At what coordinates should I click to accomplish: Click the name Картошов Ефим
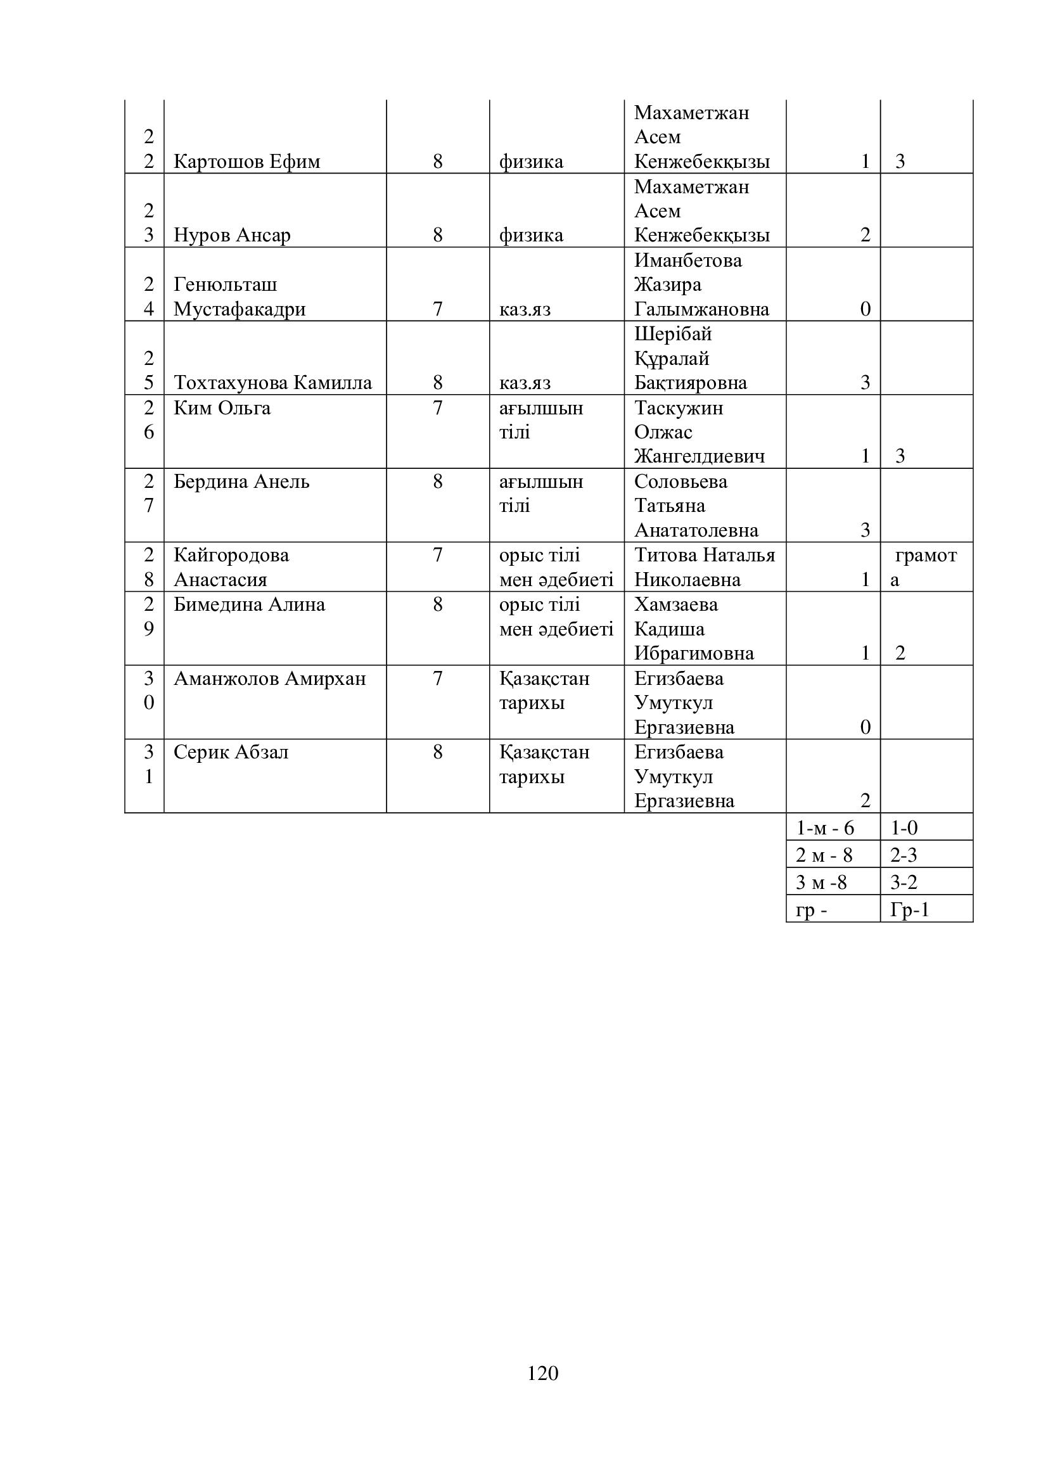[x=246, y=162]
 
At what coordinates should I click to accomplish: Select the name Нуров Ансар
[x=232, y=235]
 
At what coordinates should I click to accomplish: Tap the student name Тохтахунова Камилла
[x=272, y=383]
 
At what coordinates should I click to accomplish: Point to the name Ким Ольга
[x=222, y=408]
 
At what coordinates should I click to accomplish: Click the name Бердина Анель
[x=241, y=482]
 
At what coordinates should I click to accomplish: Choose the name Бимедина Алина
[x=249, y=605]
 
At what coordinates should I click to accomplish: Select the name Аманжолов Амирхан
[x=269, y=679]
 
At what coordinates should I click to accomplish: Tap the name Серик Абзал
[x=231, y=752]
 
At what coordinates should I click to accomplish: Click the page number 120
[x=542, y=1373]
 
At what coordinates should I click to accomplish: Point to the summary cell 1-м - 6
[x=825, y=827]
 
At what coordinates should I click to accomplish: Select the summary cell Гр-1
[x=909, y=910]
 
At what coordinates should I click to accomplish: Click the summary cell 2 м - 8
[x=824, y=855]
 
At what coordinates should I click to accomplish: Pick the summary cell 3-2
[x=904, y=883]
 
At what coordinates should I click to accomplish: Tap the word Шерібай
[x=672, y=335]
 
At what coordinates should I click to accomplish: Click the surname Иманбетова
[x=688, y=260]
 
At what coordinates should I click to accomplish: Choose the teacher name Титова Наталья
[x=704, y=555]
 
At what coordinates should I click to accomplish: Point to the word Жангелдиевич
[x=699, y=456]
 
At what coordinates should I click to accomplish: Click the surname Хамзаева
[x=675, y=605]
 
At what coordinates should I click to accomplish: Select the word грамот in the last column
[x=925, y=555]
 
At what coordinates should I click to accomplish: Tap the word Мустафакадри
[x=240, y=309]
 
